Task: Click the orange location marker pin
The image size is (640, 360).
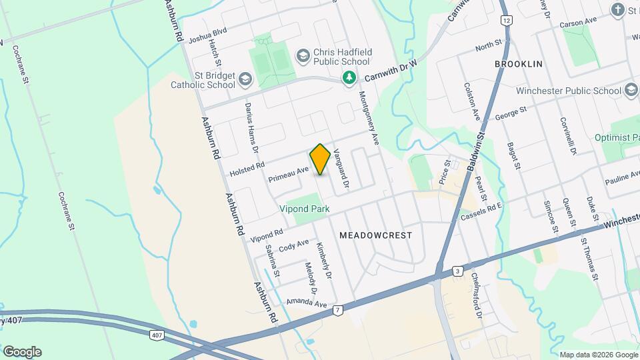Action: tap(320, 159)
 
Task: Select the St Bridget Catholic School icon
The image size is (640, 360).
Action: tap(245, 81)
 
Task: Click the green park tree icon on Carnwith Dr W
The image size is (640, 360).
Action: tap(348, 79)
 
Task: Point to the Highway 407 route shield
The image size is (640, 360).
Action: tap(156, 334)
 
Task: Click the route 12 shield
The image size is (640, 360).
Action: tap(507, 21)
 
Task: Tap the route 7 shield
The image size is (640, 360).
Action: tap(339, 310)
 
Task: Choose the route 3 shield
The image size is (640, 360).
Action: tap(457, 271)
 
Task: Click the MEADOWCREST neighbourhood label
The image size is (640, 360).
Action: tap(375, 235)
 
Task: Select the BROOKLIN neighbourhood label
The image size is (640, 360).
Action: tap(519, 64)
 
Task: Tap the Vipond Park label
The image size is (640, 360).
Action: tap(308, 209)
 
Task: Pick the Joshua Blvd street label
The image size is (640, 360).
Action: tap(208, 35)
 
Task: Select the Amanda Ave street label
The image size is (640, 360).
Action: tap(307, 303)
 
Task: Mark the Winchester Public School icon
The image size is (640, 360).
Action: tap(631, 91)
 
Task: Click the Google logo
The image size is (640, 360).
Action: tap(22, 352)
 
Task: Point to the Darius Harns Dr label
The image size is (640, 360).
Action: tap(255, 123)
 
